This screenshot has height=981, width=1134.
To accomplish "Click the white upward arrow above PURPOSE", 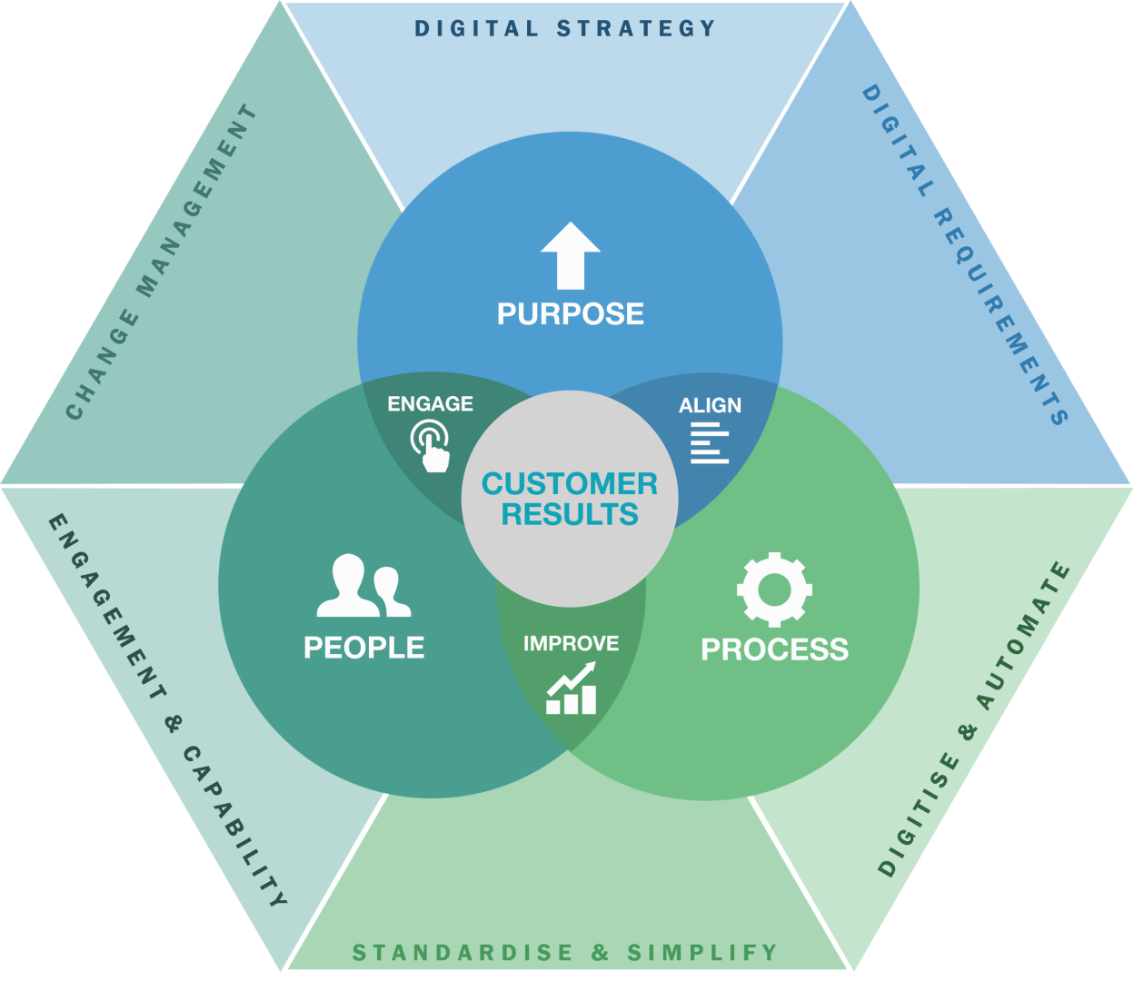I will tap(570, 255).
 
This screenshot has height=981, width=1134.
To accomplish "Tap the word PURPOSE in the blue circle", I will tap(570, 314).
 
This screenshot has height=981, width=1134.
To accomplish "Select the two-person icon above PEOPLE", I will tap(363, 587).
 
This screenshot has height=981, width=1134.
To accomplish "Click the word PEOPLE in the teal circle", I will tap(363, 648).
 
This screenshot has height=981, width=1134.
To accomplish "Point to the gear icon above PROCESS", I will tap(774, 590).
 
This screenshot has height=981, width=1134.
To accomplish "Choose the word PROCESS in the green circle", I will tap(774, 649).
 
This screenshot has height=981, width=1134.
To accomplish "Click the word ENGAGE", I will tap(430, 403).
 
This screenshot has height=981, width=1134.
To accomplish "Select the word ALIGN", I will tap(710, 405).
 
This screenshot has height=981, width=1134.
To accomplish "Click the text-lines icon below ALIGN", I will tap(710, 442).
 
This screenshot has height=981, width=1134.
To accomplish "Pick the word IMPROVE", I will tap(571, 644).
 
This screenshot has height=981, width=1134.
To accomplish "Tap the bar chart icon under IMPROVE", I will tap(572, 689).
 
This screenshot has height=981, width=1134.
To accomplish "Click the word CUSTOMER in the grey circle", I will tap(570, 484).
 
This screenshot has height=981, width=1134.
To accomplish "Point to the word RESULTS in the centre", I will tap(570, 515).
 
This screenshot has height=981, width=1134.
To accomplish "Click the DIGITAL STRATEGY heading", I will tap(565, 28).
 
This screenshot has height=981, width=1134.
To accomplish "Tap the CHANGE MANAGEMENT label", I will tap(161, 263).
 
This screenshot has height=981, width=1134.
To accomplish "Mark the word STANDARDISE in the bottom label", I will tap(463, 953).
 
